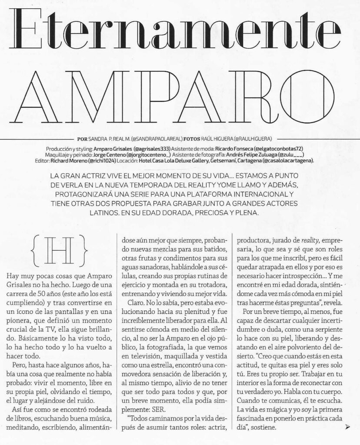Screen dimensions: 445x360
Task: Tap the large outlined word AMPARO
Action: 180,94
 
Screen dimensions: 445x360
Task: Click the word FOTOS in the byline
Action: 194,139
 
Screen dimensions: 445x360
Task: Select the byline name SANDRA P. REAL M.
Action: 111,139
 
